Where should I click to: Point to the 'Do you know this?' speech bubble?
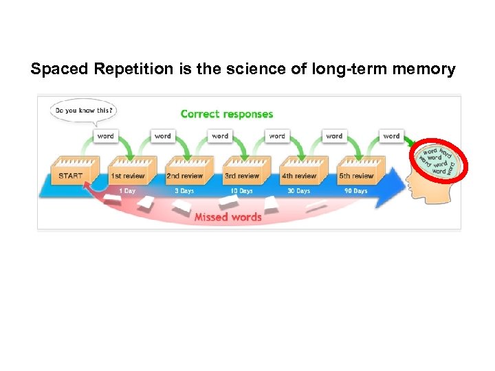(82, 110)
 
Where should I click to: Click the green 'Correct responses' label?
(226, 114)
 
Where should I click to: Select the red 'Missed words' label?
(228, 217)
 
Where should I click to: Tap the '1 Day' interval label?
(127, 191)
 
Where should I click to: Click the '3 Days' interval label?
(184, 191)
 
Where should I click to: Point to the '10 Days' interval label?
(241, 191)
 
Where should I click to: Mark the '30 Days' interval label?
(298, 191)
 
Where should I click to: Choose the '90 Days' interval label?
(355, 191)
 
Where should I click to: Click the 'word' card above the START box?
(105, 136)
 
